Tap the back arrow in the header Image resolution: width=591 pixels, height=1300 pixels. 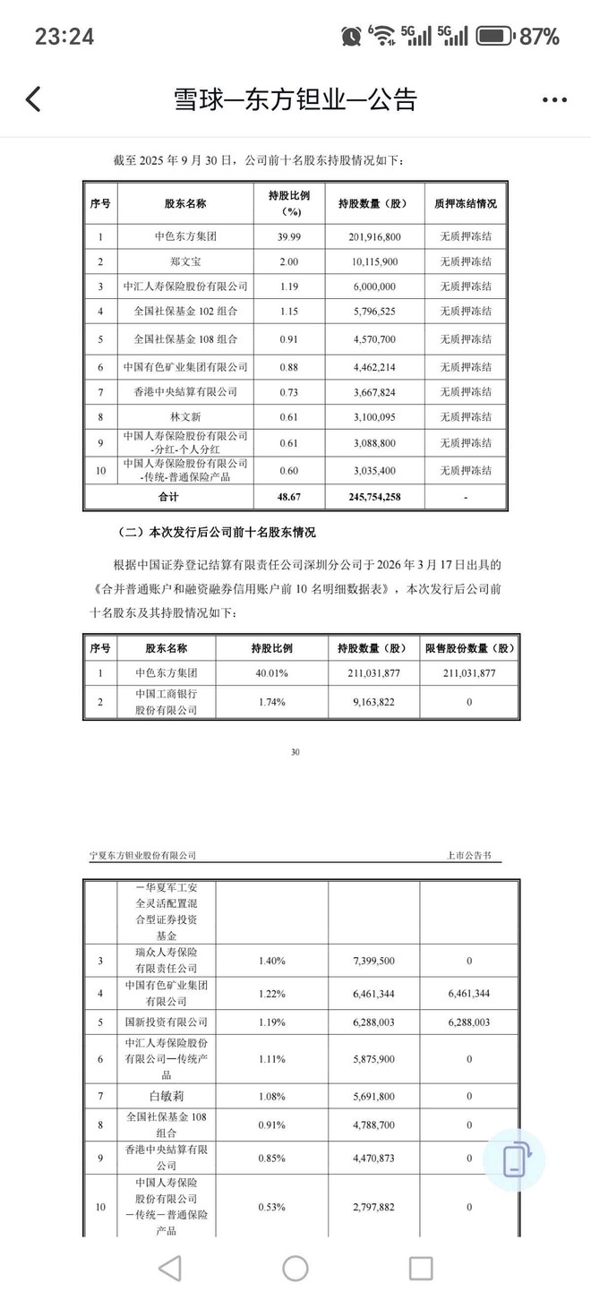coord(34,98)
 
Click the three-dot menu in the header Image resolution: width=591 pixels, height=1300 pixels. coord(554,99)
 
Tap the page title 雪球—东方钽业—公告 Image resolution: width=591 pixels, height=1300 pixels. coord(295,99)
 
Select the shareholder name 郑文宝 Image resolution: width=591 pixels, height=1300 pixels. coord(184,262)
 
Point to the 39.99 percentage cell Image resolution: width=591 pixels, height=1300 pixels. coord(289,237)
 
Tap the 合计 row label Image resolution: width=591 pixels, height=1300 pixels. coord(167,495)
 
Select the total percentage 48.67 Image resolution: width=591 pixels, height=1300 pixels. coord(289,495)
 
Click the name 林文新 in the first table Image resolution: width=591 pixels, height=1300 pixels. coord(184,416)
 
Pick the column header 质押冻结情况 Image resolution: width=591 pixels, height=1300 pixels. coord(467,203)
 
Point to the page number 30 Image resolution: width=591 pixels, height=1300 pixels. coord(295,751)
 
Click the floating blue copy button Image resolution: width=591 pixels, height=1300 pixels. coord(514,1159)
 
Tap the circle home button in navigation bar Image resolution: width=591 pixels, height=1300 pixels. coord(295,1268)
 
